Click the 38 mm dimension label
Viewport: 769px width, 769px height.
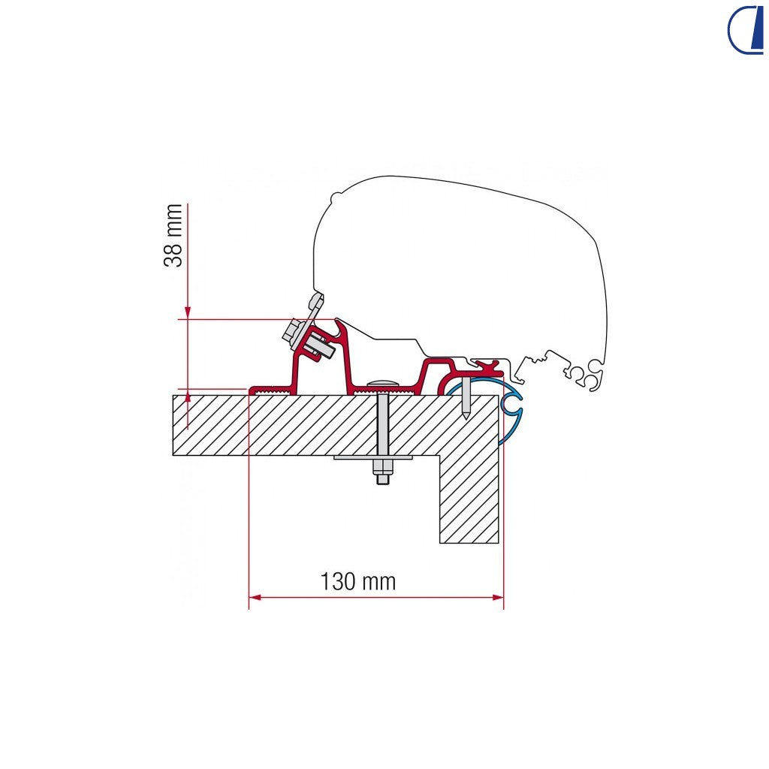point(173,235)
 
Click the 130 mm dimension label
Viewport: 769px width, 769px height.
point(358,582)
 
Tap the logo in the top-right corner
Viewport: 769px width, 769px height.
point(746,29)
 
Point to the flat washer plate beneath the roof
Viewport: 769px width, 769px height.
point(374,457)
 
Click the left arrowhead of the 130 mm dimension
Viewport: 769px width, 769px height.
point(255,597)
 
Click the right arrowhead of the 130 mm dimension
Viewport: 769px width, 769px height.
point(498,597)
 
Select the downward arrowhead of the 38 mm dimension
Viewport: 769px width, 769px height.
point(187,313)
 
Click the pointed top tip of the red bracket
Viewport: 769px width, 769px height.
point(337,321)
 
